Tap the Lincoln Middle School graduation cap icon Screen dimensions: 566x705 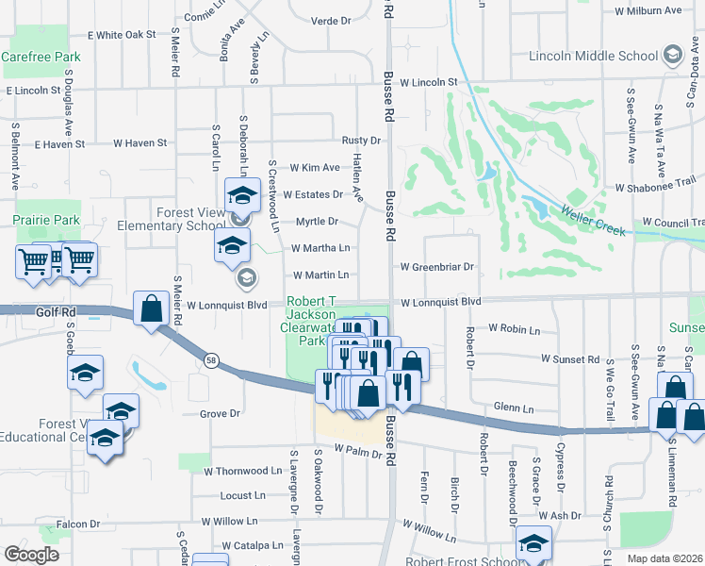(672, 55)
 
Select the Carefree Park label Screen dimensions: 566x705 (41, 57)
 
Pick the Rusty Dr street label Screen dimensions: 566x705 (361, 141)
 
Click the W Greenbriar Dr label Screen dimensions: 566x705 (436, 267)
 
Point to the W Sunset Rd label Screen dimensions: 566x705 (570, 359)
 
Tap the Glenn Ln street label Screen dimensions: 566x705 (514, 408)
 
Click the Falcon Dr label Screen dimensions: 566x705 (78, 524)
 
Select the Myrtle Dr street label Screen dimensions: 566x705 (317, 222)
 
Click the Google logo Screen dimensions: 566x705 (31, 555)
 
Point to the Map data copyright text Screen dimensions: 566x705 (665, 558)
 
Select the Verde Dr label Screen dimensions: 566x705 (330, 20)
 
